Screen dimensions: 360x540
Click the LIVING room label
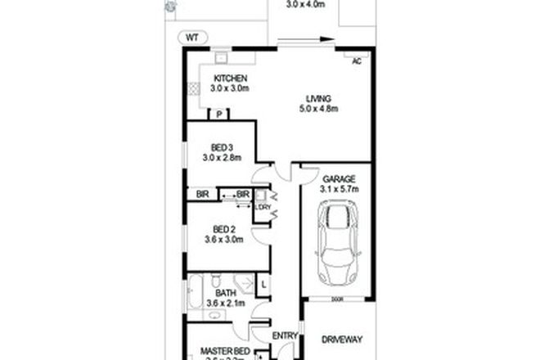point(318,98)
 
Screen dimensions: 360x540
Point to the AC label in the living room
point(356,61)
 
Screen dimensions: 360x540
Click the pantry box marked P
point(219,115)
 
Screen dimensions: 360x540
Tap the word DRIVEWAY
point(342,339)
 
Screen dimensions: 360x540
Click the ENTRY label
point(286,335)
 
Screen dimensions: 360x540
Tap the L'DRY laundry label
point(262,206)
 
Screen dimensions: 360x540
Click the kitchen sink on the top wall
point(220,58)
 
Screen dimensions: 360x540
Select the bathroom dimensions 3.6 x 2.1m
point(227,303)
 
